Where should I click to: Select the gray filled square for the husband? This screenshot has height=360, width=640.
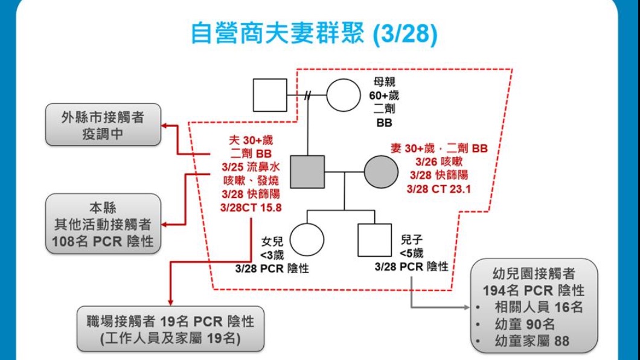tap(307, 172)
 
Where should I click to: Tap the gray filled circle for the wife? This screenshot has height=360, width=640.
tap(381, 172)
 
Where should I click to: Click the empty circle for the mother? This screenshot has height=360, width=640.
tap(343, 95)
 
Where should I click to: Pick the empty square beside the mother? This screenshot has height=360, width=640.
tap(270, 95)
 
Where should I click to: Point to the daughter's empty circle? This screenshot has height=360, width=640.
tap(307, 239)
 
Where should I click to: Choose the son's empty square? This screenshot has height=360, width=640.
tap(374, 239)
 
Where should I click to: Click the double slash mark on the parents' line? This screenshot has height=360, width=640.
tap(309, 95)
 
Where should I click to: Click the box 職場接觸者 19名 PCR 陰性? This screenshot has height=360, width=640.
tap(170, 329)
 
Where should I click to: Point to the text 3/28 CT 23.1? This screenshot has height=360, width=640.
tap(438, 189)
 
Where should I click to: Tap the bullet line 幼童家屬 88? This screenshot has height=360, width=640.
tap(531, 341)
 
